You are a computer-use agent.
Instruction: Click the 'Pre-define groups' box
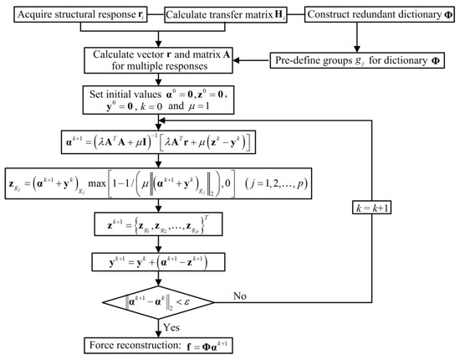pos(359,60)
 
